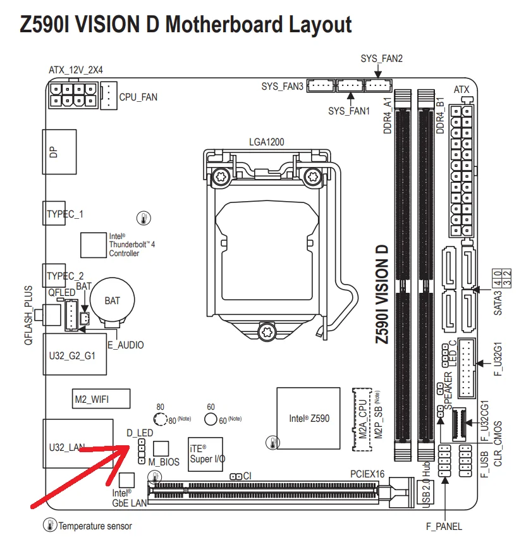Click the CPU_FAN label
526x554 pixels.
point(138,97)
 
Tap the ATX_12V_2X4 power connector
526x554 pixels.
point(73,95)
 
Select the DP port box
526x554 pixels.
point(59,152)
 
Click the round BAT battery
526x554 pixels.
point(113,300)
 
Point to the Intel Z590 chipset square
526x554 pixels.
point(309,418)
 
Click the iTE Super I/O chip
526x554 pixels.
point(205,454)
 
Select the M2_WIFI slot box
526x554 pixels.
point(101,399)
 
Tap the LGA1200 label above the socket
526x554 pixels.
point(266,142)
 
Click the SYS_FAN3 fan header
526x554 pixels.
point(321,85)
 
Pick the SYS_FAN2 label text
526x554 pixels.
point(381,58)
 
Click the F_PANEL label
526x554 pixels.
point(444,527)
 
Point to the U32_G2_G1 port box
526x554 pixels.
point(75,354)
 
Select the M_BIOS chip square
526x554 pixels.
point(161,448)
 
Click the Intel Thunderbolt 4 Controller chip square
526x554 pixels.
point(94,245)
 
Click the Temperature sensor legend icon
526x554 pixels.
point(50,525)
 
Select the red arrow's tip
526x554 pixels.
point(129,446)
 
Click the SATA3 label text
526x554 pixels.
point(498,303)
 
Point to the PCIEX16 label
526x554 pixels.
point(367,474)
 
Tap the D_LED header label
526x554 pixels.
point(140,433)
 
